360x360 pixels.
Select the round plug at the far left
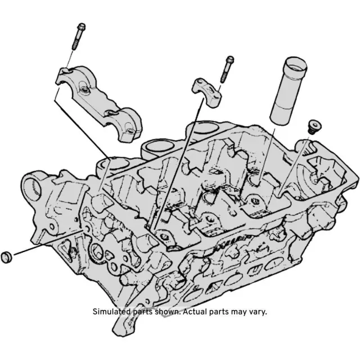[7, 256]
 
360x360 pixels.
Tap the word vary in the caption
[257, 311]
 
